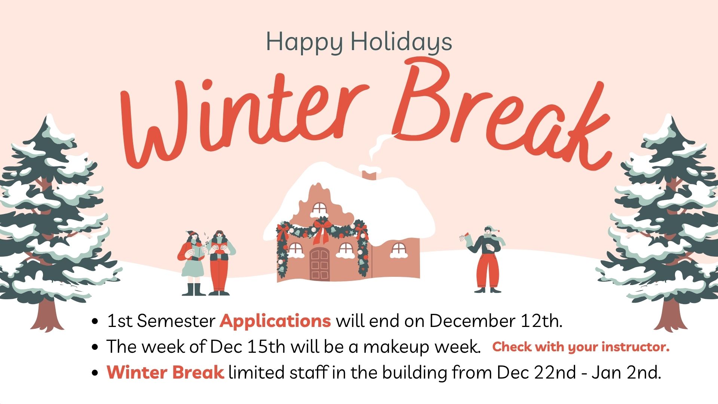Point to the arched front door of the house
[x=319, y=264]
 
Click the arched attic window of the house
[x=319, y=209]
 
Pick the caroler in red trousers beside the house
[x=221, y=263]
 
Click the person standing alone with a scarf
[x=486, y=259]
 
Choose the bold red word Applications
[x=275, y=321]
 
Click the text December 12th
[x=496, y=321]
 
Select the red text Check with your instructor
[x=581, y=347]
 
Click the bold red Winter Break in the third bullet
[x=165, y=372]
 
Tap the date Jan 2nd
[x=626, y=372]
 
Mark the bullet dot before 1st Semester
[x=95, y=321]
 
